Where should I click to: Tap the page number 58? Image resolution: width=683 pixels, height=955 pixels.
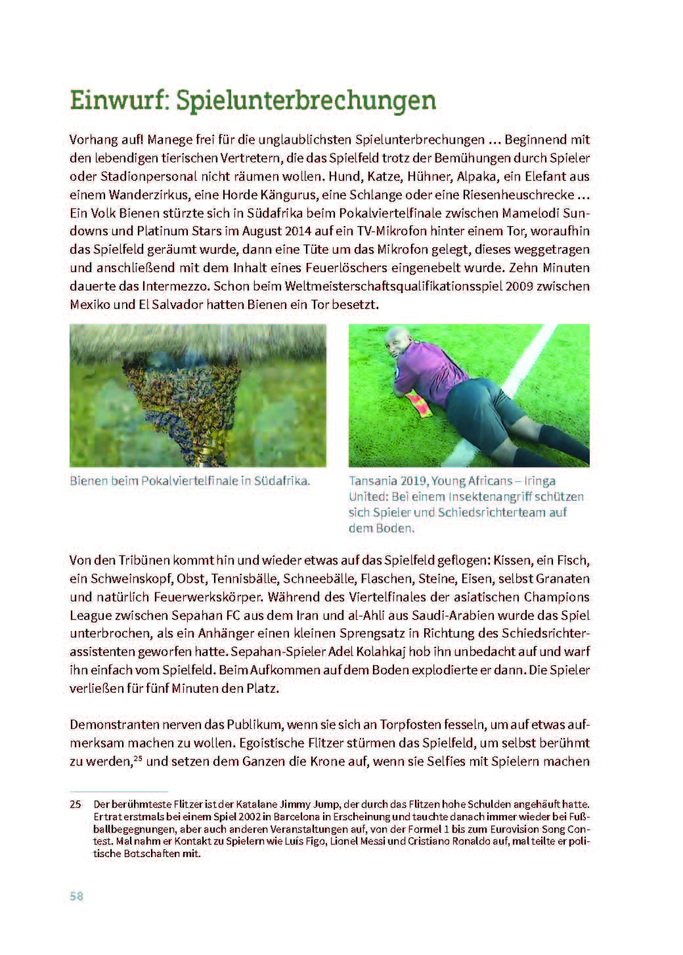[x=76, y=896]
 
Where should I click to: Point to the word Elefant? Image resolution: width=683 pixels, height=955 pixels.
[x=537, y=176]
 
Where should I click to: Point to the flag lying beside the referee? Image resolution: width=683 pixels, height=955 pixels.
[x=420, y=406]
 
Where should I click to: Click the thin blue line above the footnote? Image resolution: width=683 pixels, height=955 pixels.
[x=119, y=792]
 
